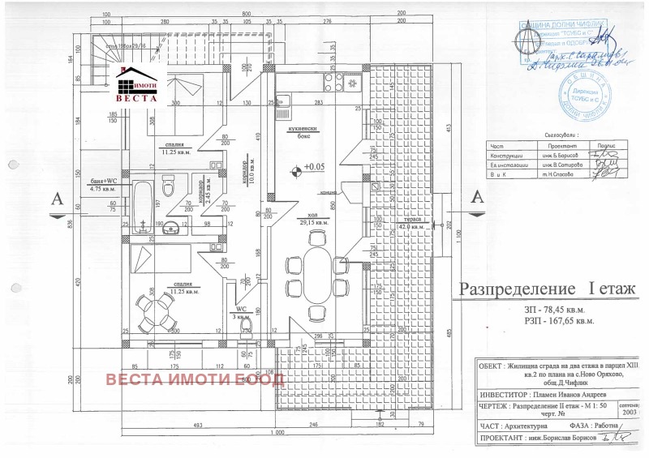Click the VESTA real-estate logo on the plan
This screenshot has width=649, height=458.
pyautogui.click(x=139, y=84)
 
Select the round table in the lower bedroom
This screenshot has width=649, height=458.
pyautogui.click(x=154, y=309)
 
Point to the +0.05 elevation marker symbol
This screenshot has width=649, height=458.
pyautogui.click(x=297, y=169)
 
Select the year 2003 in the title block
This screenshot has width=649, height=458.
pyautogui.click(x=629, y=413)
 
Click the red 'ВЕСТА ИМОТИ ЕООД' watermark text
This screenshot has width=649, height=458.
pyautogui.click(x=192, y=379)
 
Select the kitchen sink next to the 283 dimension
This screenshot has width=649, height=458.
pyautogui.click(x=286, y=101)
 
